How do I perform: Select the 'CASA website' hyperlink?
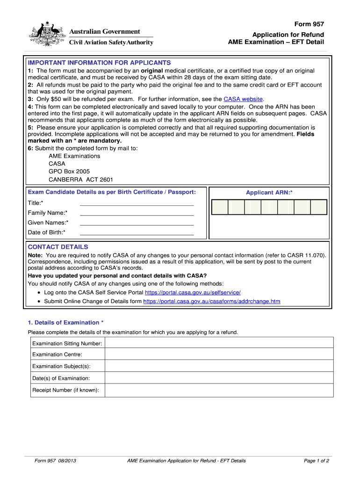pos(243,99)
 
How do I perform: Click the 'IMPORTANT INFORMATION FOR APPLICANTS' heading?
pos(99,63)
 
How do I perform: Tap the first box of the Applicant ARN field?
pos(220,207)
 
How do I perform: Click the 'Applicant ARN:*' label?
pos(269,192)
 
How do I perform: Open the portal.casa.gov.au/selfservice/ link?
pos(193,292)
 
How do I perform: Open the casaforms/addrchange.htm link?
pos(211,301)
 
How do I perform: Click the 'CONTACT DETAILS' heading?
pos(58,247)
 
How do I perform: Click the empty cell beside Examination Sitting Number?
pos(219,343)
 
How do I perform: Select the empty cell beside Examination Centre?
pos(219,355)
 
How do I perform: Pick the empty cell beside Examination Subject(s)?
pos(219,366)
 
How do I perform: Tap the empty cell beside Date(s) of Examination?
pos(219,378)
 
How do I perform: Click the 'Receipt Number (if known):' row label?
pos(65,390)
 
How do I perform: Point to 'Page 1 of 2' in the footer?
pos(317,461)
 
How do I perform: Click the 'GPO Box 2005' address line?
pos(69,172)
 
